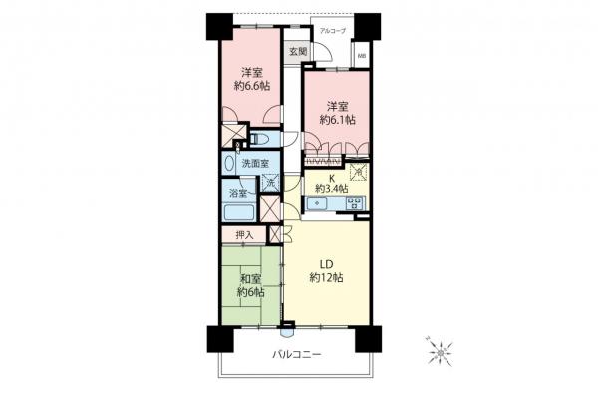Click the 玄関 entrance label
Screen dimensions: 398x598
pos(296,51)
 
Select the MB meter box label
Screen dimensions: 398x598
pos(362,56)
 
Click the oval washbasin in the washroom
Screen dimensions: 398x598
pos(230,163)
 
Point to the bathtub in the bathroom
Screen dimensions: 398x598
pos(240,212)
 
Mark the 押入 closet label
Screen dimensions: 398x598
pos(244,234)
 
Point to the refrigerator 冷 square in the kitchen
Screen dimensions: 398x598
pos(358,173)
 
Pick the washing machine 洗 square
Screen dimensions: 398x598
pos(271,183)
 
